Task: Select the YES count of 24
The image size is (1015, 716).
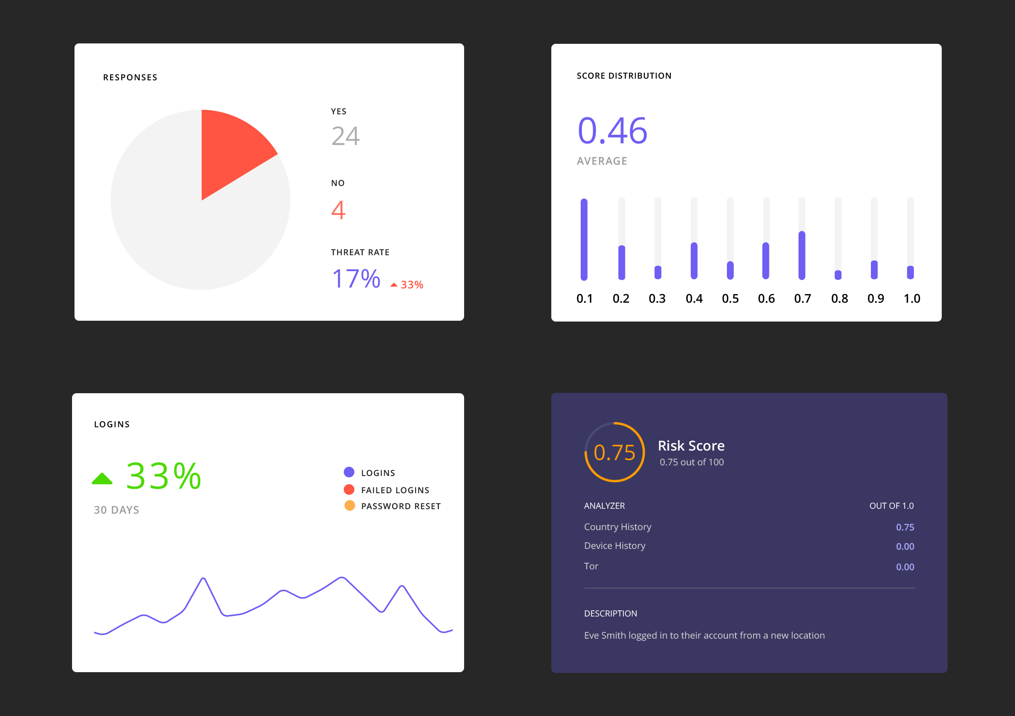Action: point(345,136)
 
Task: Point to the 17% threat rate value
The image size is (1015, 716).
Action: point(356,279)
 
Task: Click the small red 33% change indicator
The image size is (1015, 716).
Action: point(408,285)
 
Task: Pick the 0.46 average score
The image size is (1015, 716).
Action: point(612,131)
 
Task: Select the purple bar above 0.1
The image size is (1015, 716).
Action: point(584,239)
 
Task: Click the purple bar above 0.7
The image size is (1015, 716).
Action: point(802,255)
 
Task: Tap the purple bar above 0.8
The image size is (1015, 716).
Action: point(838,275)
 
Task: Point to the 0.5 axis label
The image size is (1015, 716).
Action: point(730,299)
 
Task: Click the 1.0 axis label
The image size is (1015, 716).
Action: point(911,299)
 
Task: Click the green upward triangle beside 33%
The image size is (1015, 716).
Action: point(102,478)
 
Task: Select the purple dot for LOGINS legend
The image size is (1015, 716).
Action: point(349,472)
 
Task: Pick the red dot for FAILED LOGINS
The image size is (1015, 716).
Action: point(349,489)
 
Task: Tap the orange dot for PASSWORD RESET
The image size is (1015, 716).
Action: point(349,505)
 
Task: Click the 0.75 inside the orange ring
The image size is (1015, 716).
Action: point(614,452)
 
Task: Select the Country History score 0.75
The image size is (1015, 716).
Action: point(905,527)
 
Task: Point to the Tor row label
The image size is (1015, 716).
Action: point(591,566)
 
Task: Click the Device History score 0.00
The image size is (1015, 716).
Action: point(905,546)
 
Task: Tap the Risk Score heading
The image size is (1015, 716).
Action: point(691,446)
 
